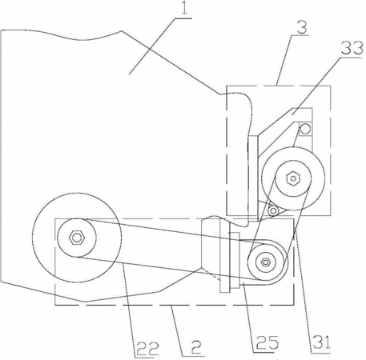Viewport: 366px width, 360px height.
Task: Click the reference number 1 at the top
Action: click(x=184, y=8)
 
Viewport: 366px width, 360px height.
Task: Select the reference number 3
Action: click(x=302, y=26)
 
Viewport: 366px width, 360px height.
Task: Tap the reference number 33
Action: click(x=352, y=48)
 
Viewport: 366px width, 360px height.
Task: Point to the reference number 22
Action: click(x=148, y=348)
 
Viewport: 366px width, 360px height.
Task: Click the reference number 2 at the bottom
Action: click(x=196, y=347)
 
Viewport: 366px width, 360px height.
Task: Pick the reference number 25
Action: click(x=267, y=342)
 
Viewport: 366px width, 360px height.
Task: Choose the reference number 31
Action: click(x=322, y=342)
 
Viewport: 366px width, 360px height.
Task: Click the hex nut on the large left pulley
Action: click(x=77, y=238)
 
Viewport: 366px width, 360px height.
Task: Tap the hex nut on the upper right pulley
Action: click(x=293, y=178)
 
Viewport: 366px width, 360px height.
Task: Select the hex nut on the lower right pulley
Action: click(x=265, y=262)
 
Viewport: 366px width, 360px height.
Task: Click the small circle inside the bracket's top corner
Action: click(x=305, y=129)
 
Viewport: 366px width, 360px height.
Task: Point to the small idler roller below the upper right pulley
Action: click(x=273, y=211)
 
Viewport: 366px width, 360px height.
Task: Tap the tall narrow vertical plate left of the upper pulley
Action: click(x=253, y=178)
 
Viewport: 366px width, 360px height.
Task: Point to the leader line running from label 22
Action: click(x=129, y=310)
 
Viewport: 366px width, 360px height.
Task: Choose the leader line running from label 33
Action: click(x=316, y=86)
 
